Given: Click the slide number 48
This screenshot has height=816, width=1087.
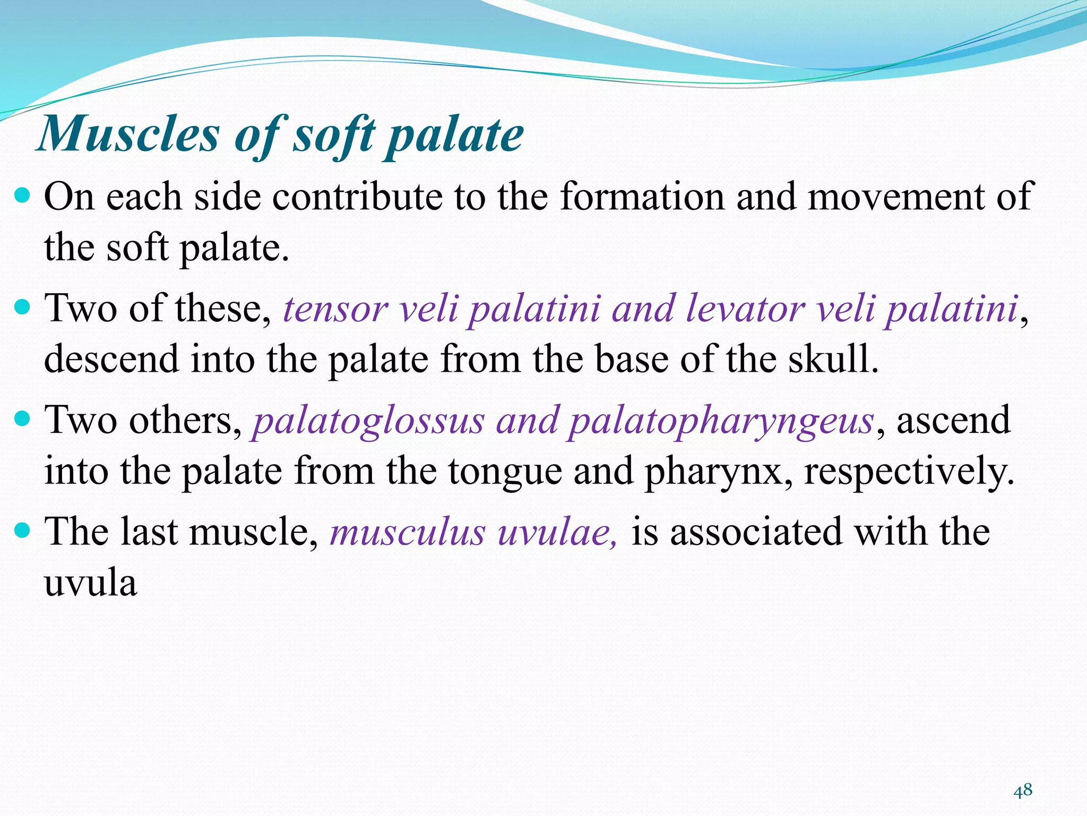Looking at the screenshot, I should (x=1023, y=790).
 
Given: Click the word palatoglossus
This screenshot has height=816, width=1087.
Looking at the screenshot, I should (x=368, y=421).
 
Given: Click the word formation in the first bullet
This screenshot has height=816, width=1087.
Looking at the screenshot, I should (x=642, y=197).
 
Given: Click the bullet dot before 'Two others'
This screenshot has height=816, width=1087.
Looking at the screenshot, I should (x=23, y=419).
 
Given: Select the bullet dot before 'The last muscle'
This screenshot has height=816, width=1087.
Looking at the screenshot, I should (x=23, y=530).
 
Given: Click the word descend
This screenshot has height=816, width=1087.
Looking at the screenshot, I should (x=111, y=359).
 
